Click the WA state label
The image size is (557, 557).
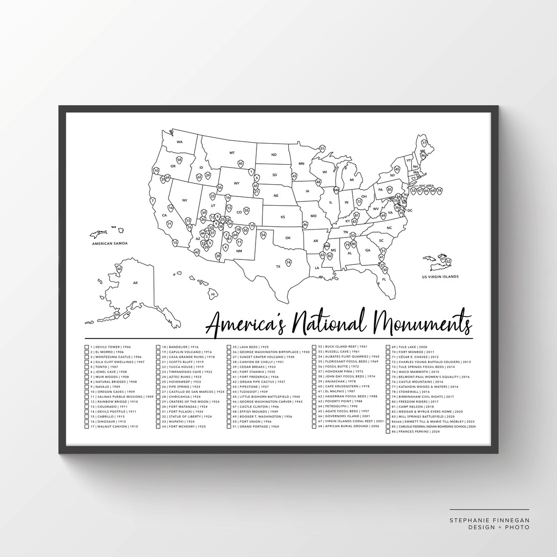pyautogui.click(x=179, y=142)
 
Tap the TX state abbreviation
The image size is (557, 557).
pyautogui.click(x=278, y=266)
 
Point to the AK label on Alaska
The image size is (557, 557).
pyautogui.click(x=135, y=283)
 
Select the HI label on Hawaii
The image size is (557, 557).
pyautogui.click(x=213, y=295)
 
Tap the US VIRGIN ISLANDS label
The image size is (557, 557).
pyautogui.click(x=440, y=277)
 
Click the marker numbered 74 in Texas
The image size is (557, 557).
pyautogui.click(x=289, y=263)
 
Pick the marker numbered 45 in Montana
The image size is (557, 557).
pyautogui.click(x=240, y=164)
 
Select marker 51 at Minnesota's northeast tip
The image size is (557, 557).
pyautogui.click(x=322, y=148)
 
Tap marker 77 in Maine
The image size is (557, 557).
pyautogui.click(x=424, y=143)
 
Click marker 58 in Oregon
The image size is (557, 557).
pyautogui.click(x=179, y=160)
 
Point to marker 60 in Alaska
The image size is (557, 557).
pyautogui.click(x=119, y=269)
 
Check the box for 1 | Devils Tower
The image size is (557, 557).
pyautogui.click(x=87, y=346)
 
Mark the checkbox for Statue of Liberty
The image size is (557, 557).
pyautogui.click(x=158, y=417)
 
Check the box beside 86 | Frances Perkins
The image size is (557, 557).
pyautogui.click(x=388, y=432)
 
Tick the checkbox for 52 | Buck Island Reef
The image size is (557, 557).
pyautogui.click(x=313, y=346)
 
